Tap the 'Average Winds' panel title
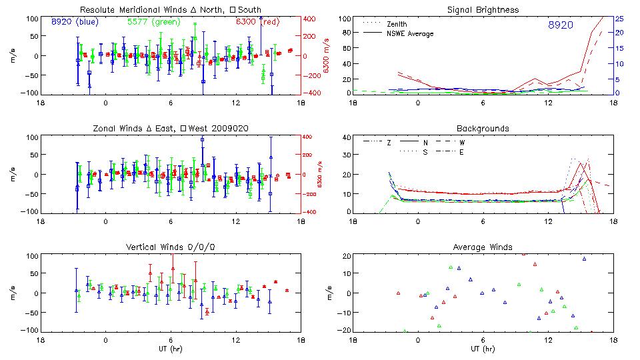tap(484, 247)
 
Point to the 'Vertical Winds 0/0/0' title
tap(170, 247)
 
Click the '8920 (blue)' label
tap(75, 21)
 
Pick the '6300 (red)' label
tap(257, 21)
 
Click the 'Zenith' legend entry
tap(397, 24)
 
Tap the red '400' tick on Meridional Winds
tap(312, 19)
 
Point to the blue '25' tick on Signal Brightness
tap(619, 19)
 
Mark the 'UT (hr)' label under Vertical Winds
tap(170, 349)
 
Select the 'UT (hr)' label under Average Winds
tap(484, 349)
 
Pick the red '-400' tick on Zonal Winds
tap(311, 212)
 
